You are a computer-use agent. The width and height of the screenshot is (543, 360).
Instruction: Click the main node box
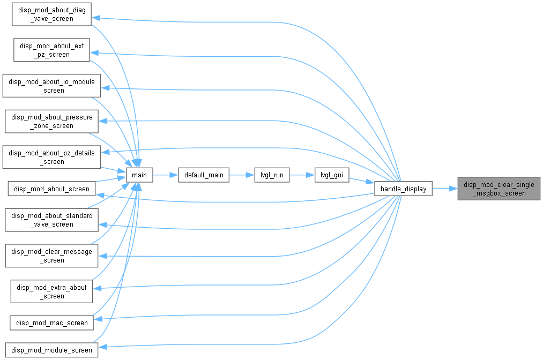(139, 175)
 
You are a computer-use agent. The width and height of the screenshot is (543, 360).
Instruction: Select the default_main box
(204, 175)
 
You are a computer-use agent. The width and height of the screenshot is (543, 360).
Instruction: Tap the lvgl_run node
(272, 175)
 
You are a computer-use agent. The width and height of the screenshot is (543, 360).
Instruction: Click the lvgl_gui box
(332, 175)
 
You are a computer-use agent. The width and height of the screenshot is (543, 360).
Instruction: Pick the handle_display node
(404, 189)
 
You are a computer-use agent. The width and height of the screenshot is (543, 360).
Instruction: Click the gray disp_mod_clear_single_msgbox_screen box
(499, 189)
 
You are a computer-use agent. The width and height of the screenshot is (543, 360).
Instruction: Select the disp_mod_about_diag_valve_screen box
(51, 14)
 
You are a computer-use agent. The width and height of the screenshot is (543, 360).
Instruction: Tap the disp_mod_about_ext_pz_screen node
(51, 50)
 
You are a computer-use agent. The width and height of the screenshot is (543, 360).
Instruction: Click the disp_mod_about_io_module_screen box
(51, 86)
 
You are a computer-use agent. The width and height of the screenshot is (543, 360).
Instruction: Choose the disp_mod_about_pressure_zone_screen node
(51, 122)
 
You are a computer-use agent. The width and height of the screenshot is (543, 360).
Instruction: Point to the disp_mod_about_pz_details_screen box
(51, 157)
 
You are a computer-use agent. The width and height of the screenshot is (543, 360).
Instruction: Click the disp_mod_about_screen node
(51, 189)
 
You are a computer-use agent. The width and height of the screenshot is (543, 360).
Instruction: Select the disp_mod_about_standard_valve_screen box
(51, 220)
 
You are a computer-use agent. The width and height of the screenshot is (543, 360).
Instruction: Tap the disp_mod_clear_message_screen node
(51, 256)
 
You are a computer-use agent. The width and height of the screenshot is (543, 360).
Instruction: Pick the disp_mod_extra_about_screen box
(51, 291)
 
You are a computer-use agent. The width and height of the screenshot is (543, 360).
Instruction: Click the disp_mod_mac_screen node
(51, 322)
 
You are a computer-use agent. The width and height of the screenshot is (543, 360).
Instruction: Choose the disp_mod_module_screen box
(51, 350)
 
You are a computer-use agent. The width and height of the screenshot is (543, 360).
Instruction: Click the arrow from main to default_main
(166, 175)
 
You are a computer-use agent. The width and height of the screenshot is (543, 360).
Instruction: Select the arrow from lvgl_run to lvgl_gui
(302, 175)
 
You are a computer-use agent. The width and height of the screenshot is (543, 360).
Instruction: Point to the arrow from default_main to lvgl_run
(242, 175)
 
